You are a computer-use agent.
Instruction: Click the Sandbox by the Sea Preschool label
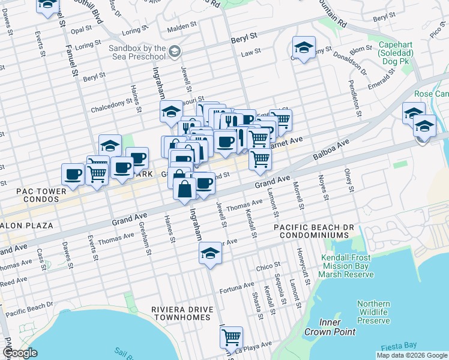(137, 52)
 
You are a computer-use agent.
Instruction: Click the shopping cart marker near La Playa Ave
(231, 337)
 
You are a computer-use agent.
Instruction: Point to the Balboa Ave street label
(331, 151)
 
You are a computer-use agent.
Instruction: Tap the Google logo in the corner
(20, 353)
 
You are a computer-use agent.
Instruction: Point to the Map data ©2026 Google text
(412, 355)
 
